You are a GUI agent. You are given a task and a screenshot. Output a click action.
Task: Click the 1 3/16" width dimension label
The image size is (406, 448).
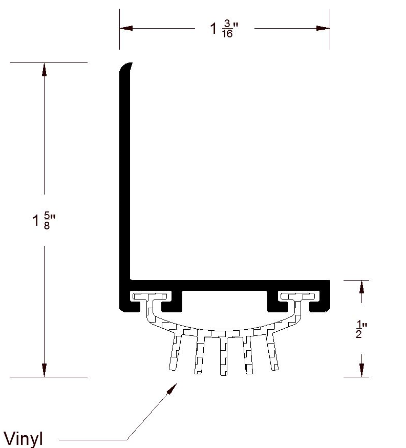(224, 29)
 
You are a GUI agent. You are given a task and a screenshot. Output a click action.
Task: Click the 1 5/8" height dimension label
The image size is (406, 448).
(44, 220)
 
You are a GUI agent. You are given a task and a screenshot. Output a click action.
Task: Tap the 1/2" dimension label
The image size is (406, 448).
(361, 329)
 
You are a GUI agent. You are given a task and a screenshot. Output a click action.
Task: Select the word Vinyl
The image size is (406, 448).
(23, 439)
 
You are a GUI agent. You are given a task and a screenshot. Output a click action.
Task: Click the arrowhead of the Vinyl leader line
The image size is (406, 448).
(172, 389)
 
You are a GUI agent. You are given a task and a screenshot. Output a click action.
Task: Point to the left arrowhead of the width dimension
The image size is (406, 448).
(126, 28)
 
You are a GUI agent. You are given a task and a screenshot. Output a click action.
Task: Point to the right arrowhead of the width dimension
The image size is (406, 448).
(323, 28)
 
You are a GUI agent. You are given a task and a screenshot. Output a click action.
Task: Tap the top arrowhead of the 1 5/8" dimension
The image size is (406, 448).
(44, 70)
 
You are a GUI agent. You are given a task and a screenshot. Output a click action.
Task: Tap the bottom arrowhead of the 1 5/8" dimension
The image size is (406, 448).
(44, 370)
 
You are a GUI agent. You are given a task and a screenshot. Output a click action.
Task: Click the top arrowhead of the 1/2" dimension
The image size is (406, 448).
(361, 287)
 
